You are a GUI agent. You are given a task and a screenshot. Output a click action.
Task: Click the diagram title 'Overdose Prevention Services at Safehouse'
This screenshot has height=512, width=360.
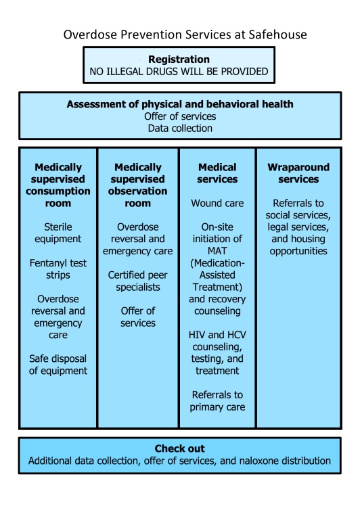pos(185,34)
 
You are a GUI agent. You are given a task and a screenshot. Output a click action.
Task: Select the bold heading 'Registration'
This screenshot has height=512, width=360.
pos(179,60)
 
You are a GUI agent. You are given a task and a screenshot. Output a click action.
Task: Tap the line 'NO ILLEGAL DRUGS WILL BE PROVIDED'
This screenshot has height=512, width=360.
pos(179,72)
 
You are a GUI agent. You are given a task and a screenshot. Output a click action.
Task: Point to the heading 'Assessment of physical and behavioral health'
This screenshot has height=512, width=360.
pos(180,104)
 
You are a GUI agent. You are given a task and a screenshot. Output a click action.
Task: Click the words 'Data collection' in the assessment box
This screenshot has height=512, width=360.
pos(180,129)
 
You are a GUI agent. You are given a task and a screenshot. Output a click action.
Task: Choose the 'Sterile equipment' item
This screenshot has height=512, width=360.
pos(58,233)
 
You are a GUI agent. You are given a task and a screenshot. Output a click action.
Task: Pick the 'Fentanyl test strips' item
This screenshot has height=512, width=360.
pos(58,269)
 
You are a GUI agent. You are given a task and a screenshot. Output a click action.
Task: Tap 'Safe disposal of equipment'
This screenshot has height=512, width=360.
pos(58,365)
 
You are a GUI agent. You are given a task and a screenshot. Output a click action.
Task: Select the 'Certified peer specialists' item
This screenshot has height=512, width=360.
pos(138,281)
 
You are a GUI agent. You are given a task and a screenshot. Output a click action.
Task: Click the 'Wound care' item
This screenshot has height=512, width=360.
pos(217,203)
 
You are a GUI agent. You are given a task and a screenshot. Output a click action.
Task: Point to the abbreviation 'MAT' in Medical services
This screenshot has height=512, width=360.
pos(217,251)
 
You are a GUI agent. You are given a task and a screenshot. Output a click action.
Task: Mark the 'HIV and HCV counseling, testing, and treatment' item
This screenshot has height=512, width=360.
pos(217,352)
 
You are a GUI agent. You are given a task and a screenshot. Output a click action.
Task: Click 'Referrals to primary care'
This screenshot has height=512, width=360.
pos(217,400)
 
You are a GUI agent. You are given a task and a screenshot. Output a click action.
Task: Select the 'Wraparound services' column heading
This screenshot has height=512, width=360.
pos(298,173)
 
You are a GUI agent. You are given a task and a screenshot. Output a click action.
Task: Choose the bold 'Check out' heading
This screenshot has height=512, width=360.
pos(180,448)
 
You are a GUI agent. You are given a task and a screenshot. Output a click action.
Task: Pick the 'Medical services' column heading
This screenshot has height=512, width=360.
pos(217,173)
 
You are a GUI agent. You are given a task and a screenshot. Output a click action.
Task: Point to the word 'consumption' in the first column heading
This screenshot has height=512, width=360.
pos(58,191)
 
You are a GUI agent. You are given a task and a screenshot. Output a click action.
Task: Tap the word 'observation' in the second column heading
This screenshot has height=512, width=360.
pos(138,191)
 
